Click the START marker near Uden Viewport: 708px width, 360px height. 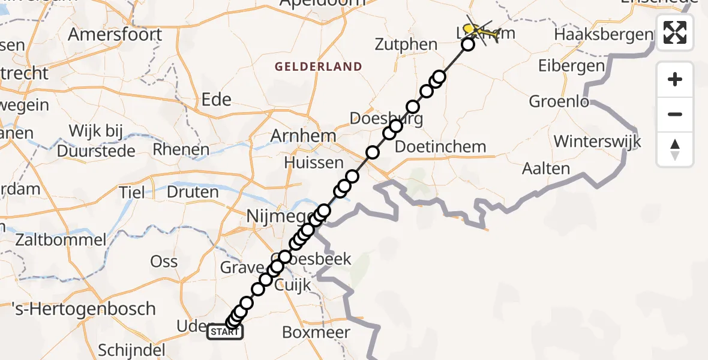[225, 332]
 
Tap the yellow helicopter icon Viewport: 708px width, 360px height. [481, 32]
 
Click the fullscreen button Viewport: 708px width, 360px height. [675, 32]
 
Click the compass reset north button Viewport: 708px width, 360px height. [675, 149]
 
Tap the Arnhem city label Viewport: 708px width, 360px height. [303, 136]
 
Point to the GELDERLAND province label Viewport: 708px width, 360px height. [319, 67]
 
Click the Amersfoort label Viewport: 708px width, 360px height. [115, 34]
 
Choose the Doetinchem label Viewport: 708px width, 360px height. [440, 146]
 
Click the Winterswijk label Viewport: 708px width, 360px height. [597, 142]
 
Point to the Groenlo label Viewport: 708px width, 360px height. [559, 101]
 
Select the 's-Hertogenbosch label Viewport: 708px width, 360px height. [84, 309]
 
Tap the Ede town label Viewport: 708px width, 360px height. [217, 99]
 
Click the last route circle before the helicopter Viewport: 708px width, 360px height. [468, 44]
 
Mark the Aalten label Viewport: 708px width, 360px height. [546, 169]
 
